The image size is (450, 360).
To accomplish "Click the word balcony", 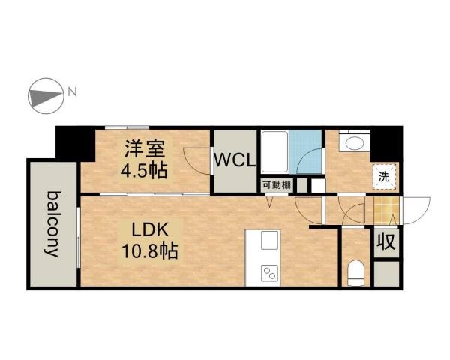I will click(x=53, y=224).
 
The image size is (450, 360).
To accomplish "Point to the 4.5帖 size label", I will click(x=144, y=169).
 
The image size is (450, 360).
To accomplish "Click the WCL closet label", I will click(x=235, y=160).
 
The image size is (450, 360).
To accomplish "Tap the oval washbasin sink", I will click(x=352, y=142).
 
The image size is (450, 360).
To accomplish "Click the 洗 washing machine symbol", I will click(x=383, y=177).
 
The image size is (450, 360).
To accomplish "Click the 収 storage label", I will click(x=386, y=242).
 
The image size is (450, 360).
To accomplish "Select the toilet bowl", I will click(x=355, y=271).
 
